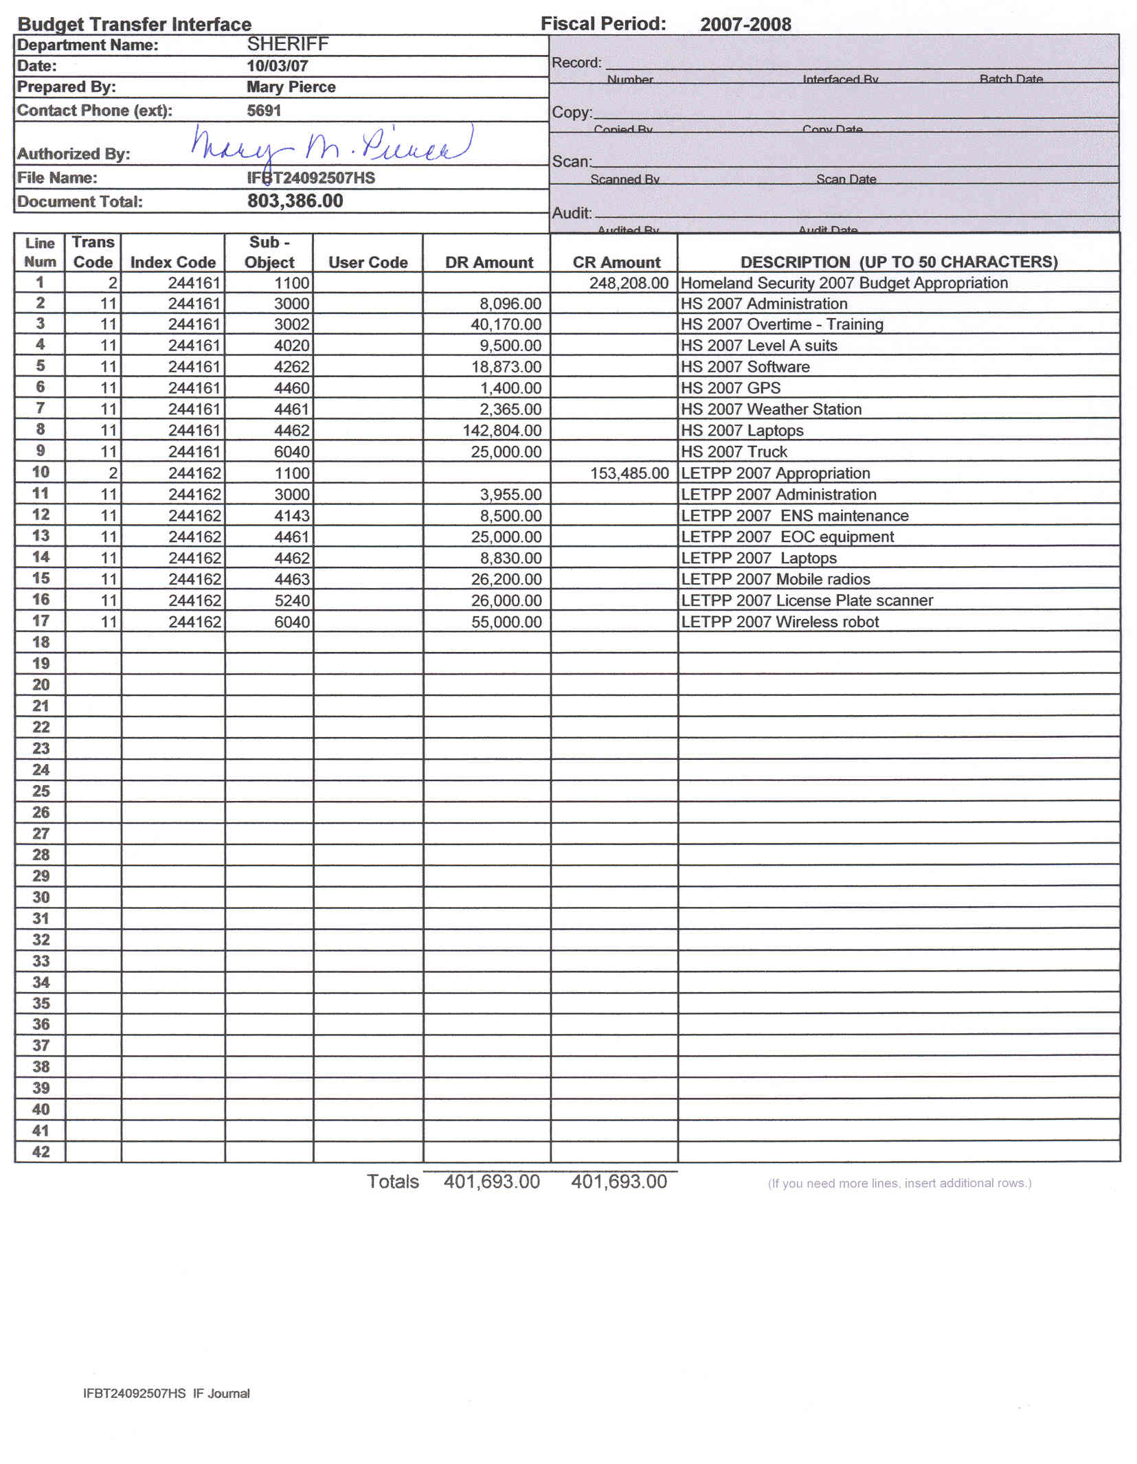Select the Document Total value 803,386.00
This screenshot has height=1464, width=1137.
[295, 201]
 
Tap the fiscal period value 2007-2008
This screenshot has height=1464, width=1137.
[745, 25]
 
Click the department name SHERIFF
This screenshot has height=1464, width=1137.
[288, 45]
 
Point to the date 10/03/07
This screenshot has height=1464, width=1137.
[278, 66]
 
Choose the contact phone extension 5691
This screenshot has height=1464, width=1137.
[264, 111]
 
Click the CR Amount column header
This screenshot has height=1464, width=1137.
[616, 262]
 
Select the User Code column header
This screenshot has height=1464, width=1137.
[368, 262]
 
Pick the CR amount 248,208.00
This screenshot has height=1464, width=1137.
[629, 283]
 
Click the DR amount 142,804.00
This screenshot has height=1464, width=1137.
[502, 431]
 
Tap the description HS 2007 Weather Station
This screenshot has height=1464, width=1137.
[771, 409]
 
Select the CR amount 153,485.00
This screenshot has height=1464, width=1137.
[629, 473]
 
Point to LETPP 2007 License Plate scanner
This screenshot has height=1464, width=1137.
[807, 600]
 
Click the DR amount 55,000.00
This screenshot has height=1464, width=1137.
[506, 622]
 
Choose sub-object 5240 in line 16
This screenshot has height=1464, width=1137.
[292, 600]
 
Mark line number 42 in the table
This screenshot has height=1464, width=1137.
[41, 1151]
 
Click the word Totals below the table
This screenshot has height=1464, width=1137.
[392, 1182]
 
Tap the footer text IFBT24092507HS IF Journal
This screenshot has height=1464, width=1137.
[166, 1393]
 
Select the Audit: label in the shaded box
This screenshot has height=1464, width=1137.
[572, 213]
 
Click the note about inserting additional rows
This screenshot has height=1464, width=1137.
[899, 1183]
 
